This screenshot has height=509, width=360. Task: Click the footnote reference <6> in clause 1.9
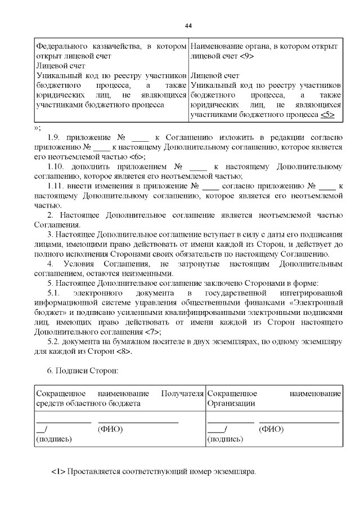(x=137, y=157)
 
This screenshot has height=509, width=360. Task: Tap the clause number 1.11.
(x=57, y=186)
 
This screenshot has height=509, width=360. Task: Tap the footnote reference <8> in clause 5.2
(x=125, y=352)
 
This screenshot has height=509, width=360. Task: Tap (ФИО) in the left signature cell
(x=110, y=429)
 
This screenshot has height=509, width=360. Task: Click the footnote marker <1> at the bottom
(x=58, y=470)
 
